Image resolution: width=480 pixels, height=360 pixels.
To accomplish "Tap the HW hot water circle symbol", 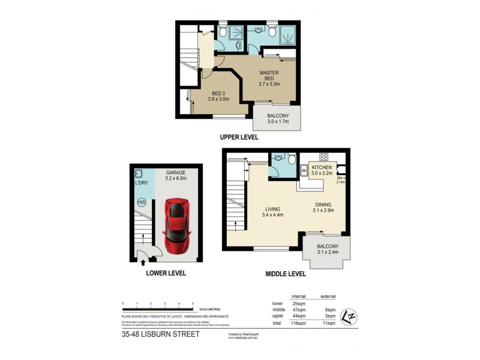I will [142, 203].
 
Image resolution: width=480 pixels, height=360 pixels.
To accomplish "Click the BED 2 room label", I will [219, 96].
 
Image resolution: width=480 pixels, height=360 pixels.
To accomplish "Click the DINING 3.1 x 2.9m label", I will [322, 208].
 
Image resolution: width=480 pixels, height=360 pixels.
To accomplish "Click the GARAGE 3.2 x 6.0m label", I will [176, 175].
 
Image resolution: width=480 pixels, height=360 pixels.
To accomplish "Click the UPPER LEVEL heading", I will [239, 137].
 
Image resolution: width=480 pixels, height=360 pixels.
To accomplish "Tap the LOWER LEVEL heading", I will [166, 273].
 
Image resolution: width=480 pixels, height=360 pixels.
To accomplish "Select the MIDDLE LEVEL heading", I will [286, 274].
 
